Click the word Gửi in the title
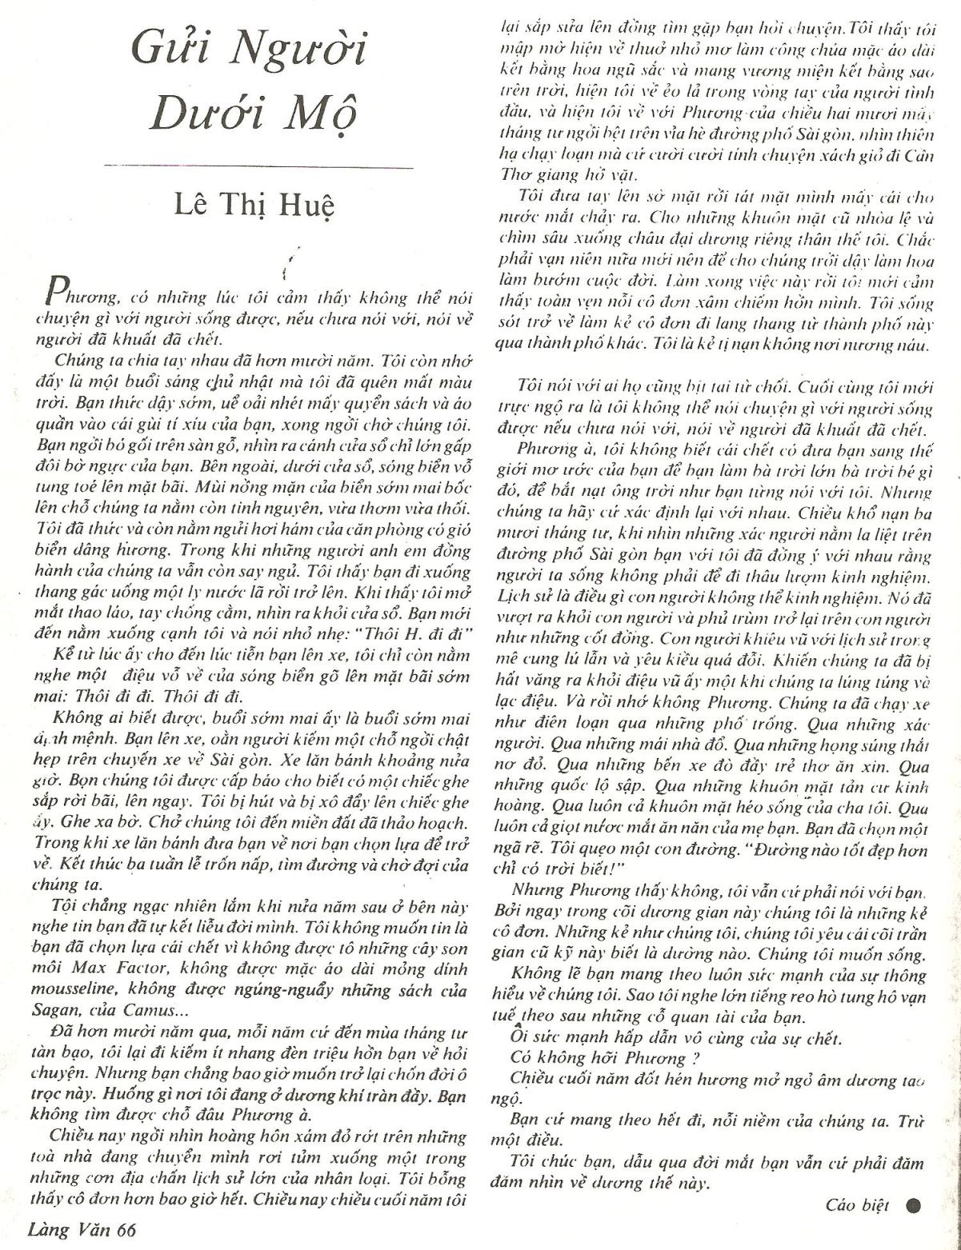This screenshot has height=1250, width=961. [x=167, y=50]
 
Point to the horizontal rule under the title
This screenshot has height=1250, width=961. [x=258, y=167]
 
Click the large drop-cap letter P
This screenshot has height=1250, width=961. [x=57, y=294]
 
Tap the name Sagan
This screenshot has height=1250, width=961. [x=53, y=1008]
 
